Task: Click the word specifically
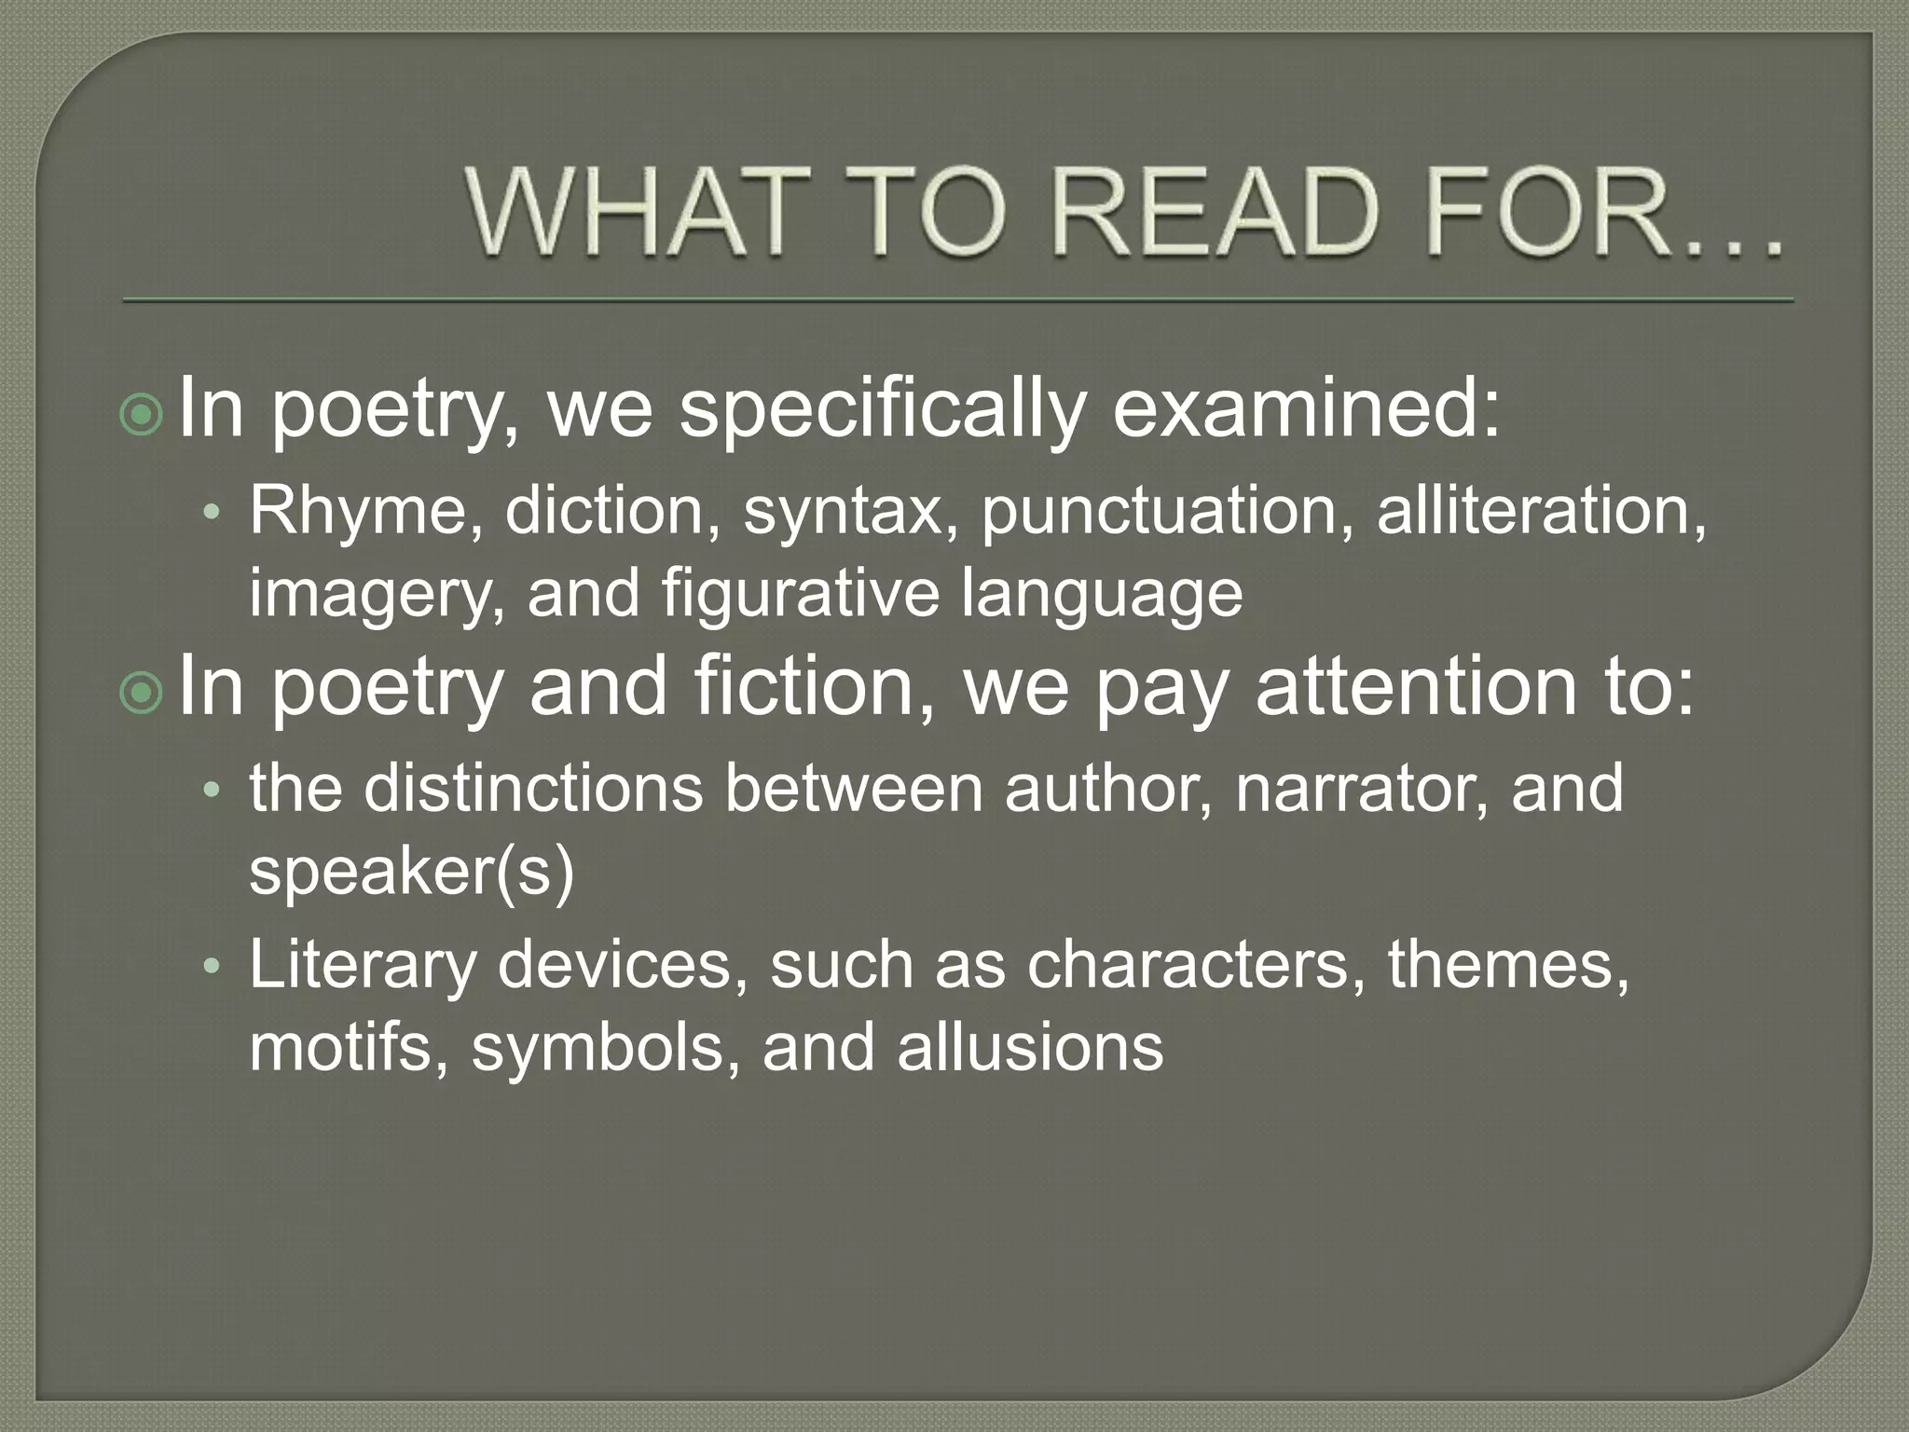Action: [x=882, y=410]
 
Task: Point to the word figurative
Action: [x=800, y=595]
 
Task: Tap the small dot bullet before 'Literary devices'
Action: [x=213, y=968]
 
